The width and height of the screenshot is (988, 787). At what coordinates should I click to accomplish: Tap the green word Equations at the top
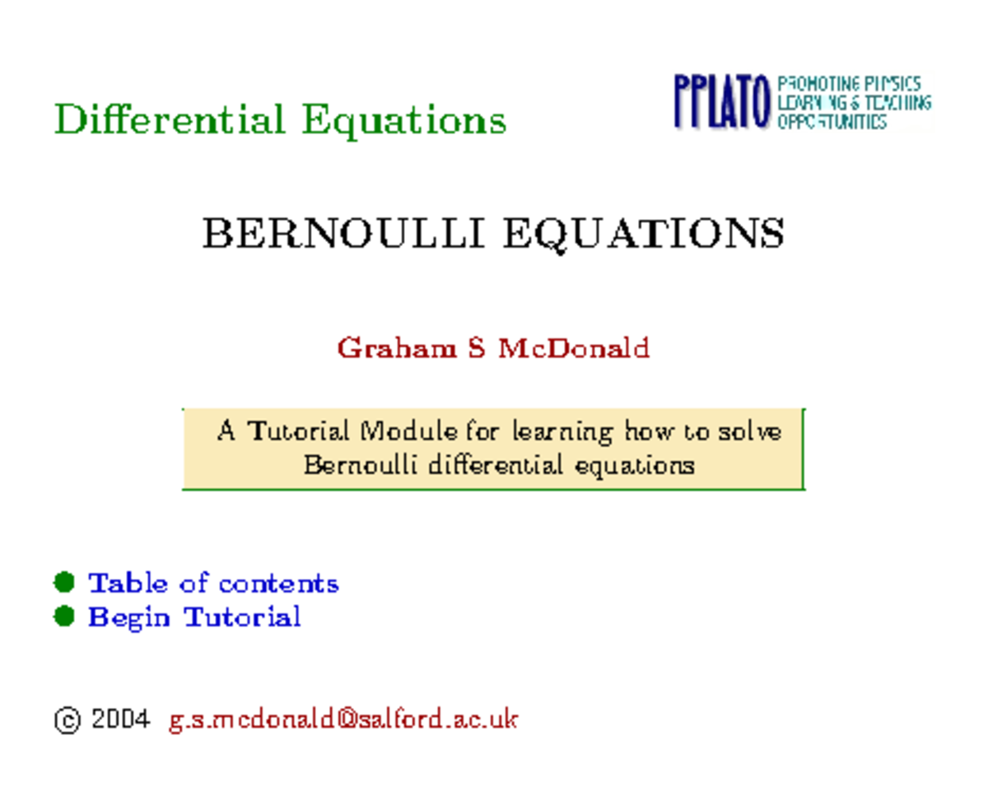pos(403,121)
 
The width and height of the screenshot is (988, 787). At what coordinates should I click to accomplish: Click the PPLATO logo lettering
pos(722,102)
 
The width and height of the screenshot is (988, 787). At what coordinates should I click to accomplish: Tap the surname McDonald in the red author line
pos(573,348)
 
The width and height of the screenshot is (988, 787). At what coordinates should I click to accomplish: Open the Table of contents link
pos(213,583)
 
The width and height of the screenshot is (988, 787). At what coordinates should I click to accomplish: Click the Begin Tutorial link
pos(194,617)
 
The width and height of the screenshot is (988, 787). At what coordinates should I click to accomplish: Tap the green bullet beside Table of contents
pos(64,583)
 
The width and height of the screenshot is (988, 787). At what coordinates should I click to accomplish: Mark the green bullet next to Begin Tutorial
pos(64,617)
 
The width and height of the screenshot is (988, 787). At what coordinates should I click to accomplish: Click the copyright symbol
pos(67,720)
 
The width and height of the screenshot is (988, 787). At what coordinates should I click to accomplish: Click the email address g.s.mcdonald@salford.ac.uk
pos(343,719)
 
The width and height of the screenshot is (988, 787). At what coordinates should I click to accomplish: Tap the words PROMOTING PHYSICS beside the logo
pos(849,84)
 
